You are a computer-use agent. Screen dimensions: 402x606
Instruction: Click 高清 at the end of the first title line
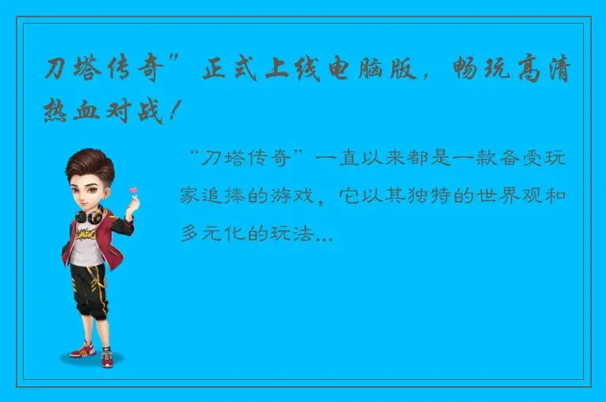coord(553,70)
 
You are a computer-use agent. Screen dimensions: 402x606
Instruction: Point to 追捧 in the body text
coord(223,196)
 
